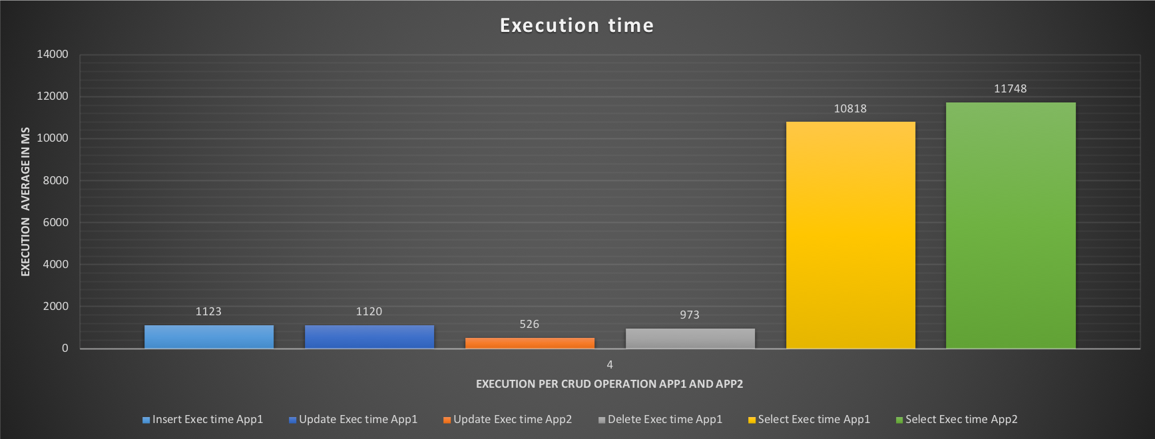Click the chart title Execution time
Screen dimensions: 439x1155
pyautogui.click(x=577, y=25)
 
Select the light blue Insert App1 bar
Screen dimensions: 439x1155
pyautogui.click(x=209, y=337)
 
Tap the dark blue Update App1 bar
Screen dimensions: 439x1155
pyautogui.click(x=369, y=337)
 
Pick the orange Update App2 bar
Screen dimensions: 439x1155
pyautogui.click(x=530, y=343)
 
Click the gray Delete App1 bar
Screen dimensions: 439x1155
pyautogui.click(x=690, y=339)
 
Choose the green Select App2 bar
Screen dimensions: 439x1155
pyautogui.click(x=1011, y=225)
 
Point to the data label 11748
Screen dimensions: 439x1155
pyautogui.click(x=1010, y=88)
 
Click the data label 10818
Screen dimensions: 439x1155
pyautogui.click(x=850, y=108)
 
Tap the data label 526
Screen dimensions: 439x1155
pyautogui.click(x=529, y=324)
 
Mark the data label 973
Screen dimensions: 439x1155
pyautogui.click(x=690, y=315)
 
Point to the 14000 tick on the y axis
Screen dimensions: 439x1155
pyautogui.click(x=53, y=55)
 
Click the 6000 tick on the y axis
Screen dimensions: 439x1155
pyautogui.click(x=55, y=222)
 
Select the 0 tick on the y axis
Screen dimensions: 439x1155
pyautogui.click(x=65, y=348)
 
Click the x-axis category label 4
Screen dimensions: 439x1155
pyautogui.click(x=610, y=365)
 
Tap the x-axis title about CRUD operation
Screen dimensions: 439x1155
pyautogui.click(x=609, y=384)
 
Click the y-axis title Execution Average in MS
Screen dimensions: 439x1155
pyautogui.click(x=26, y=201)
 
